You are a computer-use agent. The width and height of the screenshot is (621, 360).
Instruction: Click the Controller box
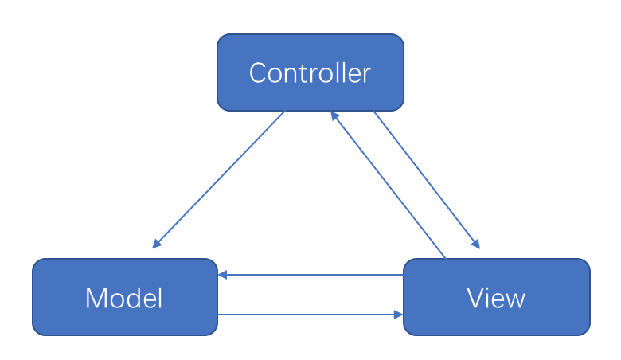tap(310, 72)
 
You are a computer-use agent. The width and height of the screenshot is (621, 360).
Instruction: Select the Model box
tap(124, 297)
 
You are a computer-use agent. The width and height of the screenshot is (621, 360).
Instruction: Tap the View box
tap(497, 297)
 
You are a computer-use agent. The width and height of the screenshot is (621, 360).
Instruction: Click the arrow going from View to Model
tap(310, 275)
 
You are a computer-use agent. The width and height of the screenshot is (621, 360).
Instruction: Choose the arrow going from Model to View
tap(310, 315)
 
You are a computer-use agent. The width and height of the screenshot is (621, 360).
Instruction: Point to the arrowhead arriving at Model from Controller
tap(157, 244)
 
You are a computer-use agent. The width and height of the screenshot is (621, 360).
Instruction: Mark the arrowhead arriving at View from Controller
tap(475, 244)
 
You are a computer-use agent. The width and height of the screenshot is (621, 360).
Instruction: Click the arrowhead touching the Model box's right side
tap(224, 275)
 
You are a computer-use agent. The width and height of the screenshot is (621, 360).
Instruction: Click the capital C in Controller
tap(258, 73)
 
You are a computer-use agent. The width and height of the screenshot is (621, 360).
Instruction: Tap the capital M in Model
tap(96, 299)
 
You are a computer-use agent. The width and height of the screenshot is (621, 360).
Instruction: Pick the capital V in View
tap(476, 299)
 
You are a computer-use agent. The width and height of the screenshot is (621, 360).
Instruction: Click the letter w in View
tap(516, 301)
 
